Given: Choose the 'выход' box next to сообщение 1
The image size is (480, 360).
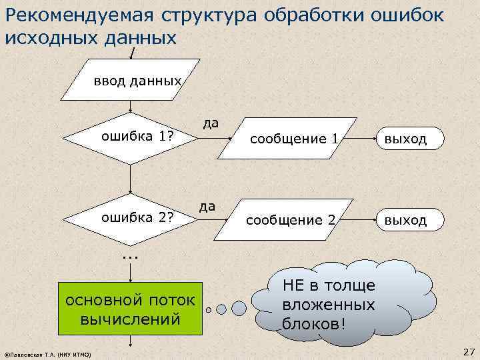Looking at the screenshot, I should pyautogui.click(x=403, y=139).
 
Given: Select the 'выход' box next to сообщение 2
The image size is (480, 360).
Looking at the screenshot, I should pyautogui.click(x=403, y=219).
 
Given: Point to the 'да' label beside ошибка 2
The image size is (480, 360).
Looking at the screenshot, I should pyautogui.click(x=207, y=206).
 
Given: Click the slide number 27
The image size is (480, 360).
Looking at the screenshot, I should pyautogui.click(x=467, y=351).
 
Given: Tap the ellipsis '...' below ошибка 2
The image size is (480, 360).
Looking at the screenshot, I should pyautogui.click(x=130, y=255).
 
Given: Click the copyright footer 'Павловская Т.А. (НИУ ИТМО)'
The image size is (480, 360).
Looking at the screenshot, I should pyautogui.click(x=48, y=353).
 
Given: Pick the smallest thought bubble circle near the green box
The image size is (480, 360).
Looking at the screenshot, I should pyautogui.click(x=209, y=310).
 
